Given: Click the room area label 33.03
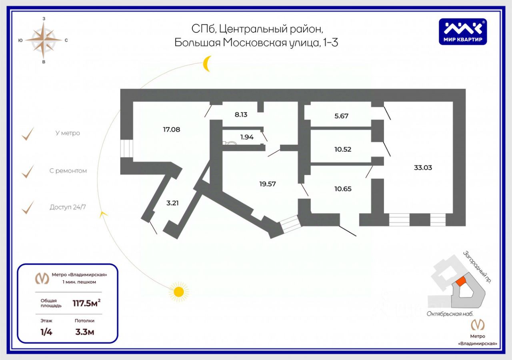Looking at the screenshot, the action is coord(423,168).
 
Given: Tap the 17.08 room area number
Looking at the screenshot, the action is coord(172,129).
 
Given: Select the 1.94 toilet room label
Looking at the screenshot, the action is coord(247,137).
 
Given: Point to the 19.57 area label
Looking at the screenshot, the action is coord(268,184).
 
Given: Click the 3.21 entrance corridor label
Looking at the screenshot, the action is coord(172,203).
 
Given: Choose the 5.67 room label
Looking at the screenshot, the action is coord(342,116).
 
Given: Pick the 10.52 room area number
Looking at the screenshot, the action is coord(343,149).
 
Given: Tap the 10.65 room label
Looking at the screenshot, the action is coord(343,189).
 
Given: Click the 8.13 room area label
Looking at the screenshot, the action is coord(241,114).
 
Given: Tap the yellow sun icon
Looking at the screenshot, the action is coord(178,292).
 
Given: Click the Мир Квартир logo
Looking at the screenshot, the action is coord(463,32).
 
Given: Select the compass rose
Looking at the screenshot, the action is coord(44,40).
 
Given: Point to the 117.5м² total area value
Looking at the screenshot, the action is coord(86,303).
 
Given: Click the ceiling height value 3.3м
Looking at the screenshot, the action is coord(84,332).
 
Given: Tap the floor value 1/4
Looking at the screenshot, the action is coord(46,332).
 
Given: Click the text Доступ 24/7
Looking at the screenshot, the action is coord(68,207).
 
